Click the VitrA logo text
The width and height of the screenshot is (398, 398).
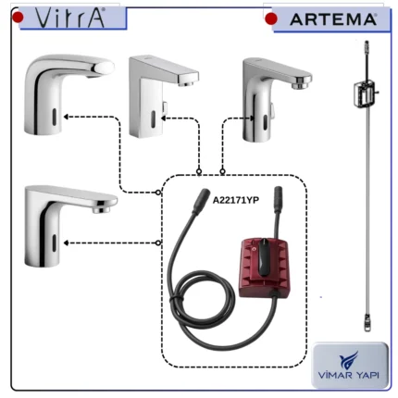pos(70,18)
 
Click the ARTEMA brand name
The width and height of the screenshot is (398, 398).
pos(333,19)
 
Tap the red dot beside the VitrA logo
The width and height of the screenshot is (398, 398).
pos(18,17)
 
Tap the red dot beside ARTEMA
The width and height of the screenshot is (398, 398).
pos(271,19)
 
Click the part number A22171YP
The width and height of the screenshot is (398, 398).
pos(236,200)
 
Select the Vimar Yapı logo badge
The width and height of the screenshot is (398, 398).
pos(350,365)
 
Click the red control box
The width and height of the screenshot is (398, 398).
pos(264,267)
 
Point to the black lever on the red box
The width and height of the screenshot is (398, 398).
pos(263,256)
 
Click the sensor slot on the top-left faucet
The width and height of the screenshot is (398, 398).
pos(55,118)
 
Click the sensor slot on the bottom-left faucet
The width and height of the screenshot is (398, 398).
pos(55,243)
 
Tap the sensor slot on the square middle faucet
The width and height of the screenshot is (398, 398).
pos(153,118)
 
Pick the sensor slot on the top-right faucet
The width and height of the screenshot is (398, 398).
pos(265,122)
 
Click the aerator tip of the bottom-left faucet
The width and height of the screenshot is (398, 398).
pos(102,210)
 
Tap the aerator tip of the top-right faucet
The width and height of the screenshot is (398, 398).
pos(300,84)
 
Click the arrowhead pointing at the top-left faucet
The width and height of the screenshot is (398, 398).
pos(66,117)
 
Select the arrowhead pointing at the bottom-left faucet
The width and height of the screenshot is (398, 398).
pos(66,243)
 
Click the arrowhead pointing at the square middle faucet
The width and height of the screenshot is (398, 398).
pos(164,118)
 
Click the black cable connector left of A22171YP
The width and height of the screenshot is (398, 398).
pos(201,201)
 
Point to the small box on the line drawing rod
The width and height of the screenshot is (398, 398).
pos(365,93)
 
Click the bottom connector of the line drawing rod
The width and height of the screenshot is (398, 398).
pos(367,323)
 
